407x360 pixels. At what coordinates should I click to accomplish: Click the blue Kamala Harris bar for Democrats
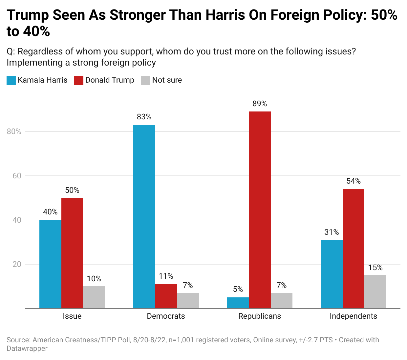pyautogui.click(x=144, y=216)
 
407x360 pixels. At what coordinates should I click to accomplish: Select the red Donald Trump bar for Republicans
pyautogui.click(x=260, y=210)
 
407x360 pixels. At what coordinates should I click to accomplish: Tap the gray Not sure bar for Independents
pyautogui.click(x=375, y=291)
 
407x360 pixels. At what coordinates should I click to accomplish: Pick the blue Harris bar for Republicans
pyautogui.click(x=238, y=303)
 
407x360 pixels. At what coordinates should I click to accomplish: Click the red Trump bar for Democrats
pyautogui.click(x=166, y=296)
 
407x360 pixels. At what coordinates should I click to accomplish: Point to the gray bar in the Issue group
pyautogui.click(x=94, y=297)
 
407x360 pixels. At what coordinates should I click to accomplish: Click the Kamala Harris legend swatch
pyautogui.click(x=11, y=80)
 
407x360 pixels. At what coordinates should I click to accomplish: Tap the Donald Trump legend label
pyautogui.click(x=110, y=80)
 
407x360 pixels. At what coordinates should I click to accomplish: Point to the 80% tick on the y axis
pyautogui.click(x=14, y=131)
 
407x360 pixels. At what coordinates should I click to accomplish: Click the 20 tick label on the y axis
pyautogui.click(x=17, y=264)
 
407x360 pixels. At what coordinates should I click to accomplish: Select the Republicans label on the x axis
pyautogui.click(x=260, y=316)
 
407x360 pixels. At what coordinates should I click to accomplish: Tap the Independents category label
pyautogui.click(x=353, y=316)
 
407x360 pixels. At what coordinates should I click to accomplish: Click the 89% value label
pyautogui.click(x=260, y=104)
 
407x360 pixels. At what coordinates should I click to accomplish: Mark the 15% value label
pyautogui.click(x=375, y=268)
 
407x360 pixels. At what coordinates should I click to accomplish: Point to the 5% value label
pyautogui.click(x=238, y=289)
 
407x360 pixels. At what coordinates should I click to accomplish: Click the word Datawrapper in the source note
pyautogui.click(x=27, y=349)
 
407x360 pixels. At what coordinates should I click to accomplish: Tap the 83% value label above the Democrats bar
pyautogui.click(x=144, y=117)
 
